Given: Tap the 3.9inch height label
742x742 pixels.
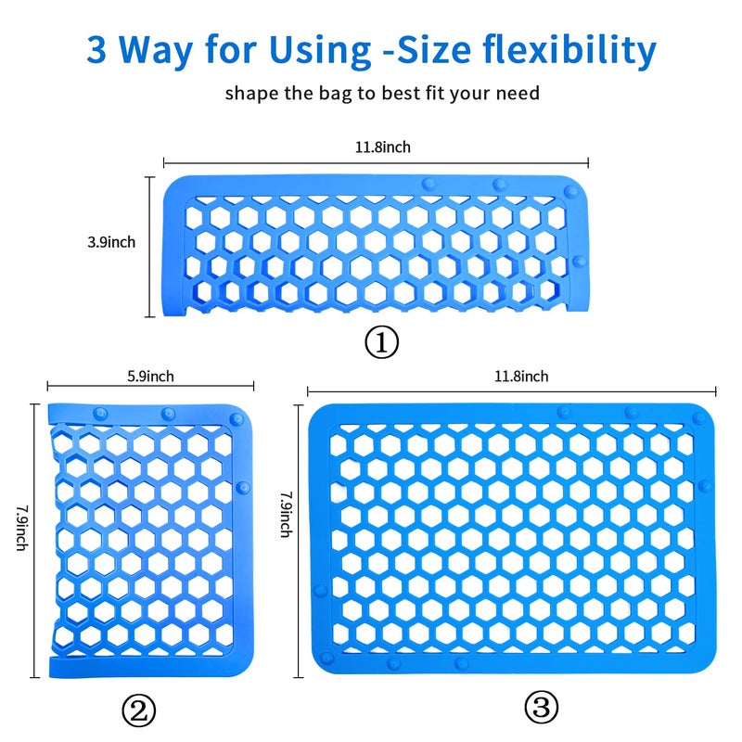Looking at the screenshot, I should tap(111, 242).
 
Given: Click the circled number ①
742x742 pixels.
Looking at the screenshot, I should tap(381, 343).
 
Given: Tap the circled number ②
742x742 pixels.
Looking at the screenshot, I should tap(139, 711).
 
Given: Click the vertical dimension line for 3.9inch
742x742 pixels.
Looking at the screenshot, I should tap(151, 247).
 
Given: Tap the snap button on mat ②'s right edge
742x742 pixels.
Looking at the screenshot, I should tap(243, 486).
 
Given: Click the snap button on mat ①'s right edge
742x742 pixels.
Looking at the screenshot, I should tap(580, 262).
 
